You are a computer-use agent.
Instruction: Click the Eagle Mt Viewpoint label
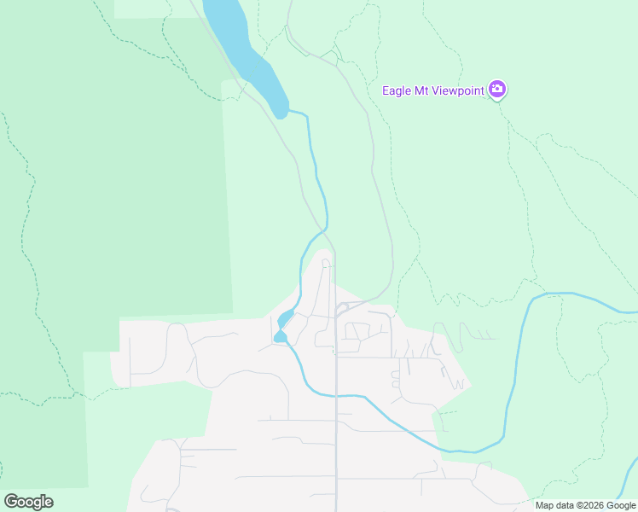pyautogui.click(x=433, y=90)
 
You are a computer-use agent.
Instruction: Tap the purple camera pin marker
pyautogui.click(x=497, y=89)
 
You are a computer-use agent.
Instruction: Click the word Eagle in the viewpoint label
pyautogui.click(x=397, y=90)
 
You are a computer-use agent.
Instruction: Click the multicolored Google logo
pyautogui.click(x=28, y=501)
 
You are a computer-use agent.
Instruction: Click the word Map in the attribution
pyautogui.click(x=545, y=505)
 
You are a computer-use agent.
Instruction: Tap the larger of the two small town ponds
pyautogui.click(x=286, y=319)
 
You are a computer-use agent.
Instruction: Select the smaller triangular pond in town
pyautogui.click(x=280, y=337)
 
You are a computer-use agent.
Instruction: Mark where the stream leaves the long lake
pyautogui.click(x=290, y=111)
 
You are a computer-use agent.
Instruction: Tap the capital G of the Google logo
pyautogui.click(x=11, y=501)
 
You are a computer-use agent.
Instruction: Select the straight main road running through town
pyautogui.click(x=335, y=410)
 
